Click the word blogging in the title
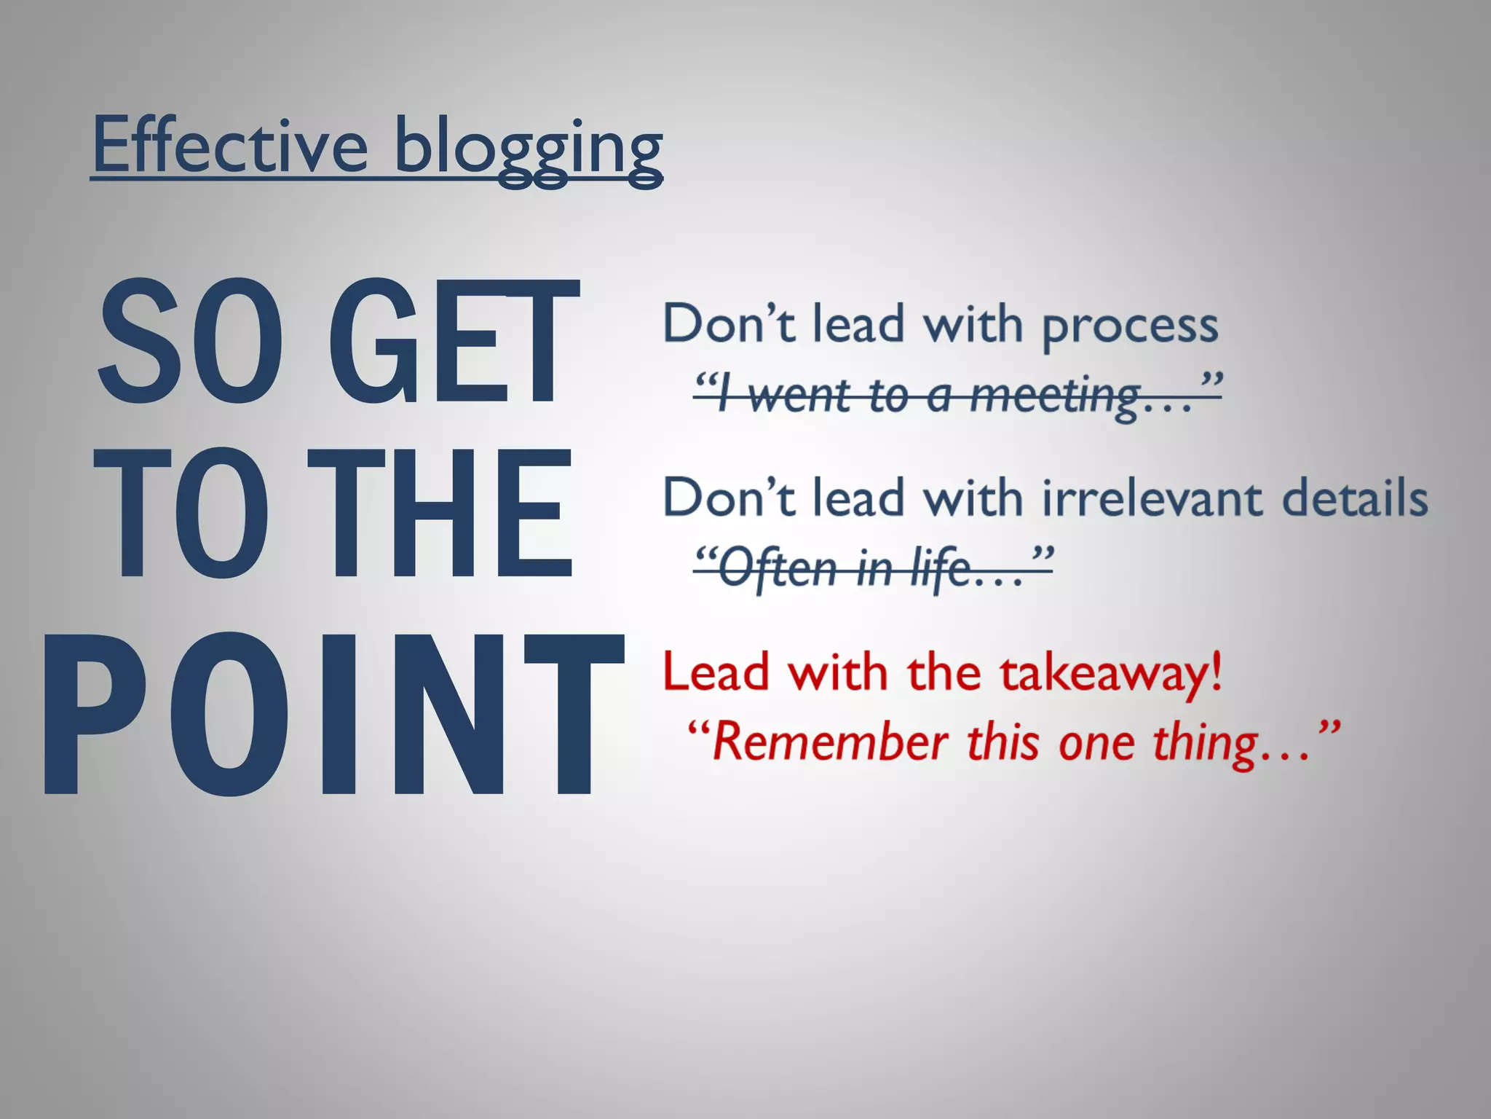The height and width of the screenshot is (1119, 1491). [x=528, y=149]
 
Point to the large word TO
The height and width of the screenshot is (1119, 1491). [x=182, y=514]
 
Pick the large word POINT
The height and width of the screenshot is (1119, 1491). [x=332, y=714]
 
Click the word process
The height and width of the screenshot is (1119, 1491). [x=1130, y=326]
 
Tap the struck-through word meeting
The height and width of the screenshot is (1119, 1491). [x=1056, y=397]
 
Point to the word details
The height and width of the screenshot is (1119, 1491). [x=1354, y=499]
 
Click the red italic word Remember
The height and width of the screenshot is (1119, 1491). [x=830, y=743]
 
